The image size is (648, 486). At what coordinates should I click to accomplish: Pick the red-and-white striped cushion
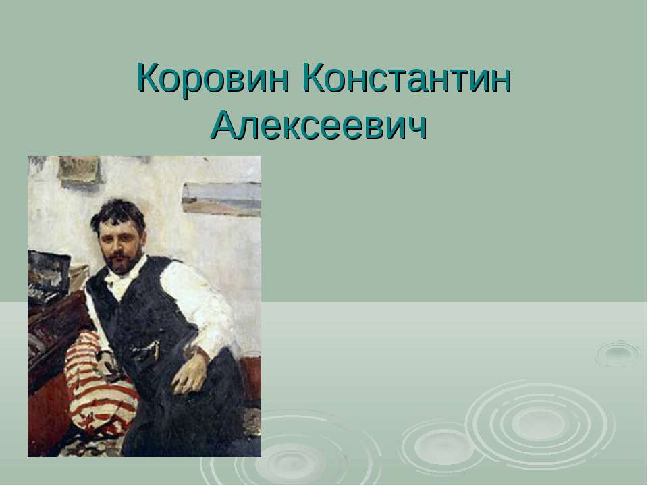point(94,391)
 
